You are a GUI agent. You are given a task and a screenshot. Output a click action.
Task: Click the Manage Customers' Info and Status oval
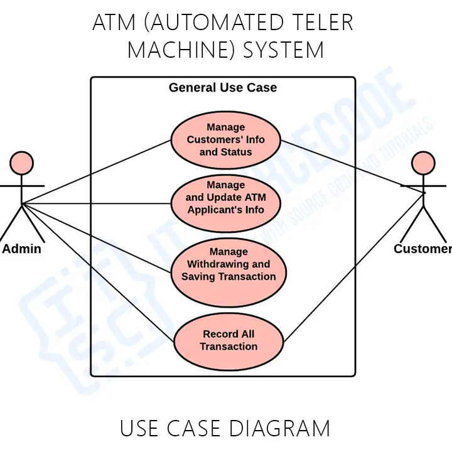[x=226, y=139]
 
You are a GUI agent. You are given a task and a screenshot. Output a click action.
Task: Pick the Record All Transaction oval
[x=229, y=340]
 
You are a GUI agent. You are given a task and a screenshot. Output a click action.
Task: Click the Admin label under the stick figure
[x=22, y=249]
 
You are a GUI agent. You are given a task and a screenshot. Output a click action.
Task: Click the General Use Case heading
[x=223, y=87]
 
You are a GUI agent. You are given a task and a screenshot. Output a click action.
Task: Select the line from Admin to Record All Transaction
[x=97, y=272]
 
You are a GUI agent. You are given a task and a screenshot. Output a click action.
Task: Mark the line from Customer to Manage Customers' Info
[x=352, y=165]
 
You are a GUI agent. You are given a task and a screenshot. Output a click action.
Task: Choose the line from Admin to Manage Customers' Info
[x=97, y=171]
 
